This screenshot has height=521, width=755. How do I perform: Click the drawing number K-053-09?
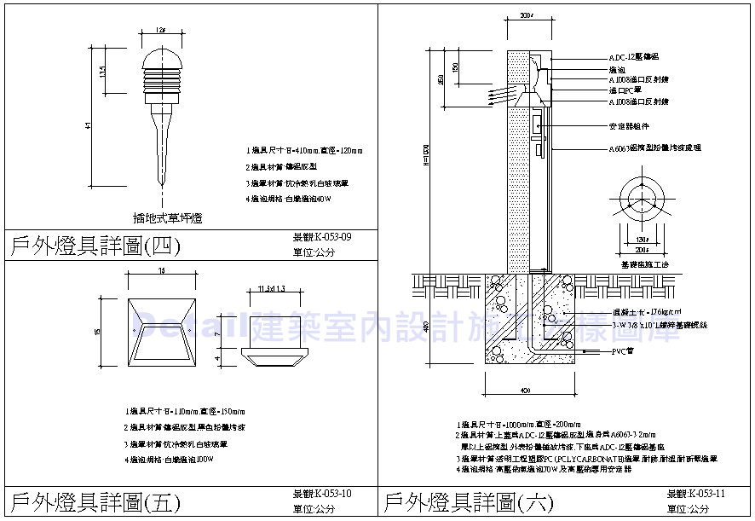tap(321, 237)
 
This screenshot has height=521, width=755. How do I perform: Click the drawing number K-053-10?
tap(321, 494)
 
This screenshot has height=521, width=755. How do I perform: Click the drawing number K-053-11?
tap(695, 494)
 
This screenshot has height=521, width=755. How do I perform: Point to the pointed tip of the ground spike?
tap(161, 182)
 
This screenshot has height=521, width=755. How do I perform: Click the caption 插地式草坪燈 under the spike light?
tap(168, 218)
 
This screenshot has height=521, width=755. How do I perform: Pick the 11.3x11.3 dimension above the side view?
tap(271, 290)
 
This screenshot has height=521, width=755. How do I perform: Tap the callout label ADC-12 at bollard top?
tap(633, 55)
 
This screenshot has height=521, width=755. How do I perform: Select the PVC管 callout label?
tap(623, 351)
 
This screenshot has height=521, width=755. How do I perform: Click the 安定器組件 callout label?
tap(629, 125)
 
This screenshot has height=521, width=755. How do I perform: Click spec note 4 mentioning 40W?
tap(287, 199)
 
